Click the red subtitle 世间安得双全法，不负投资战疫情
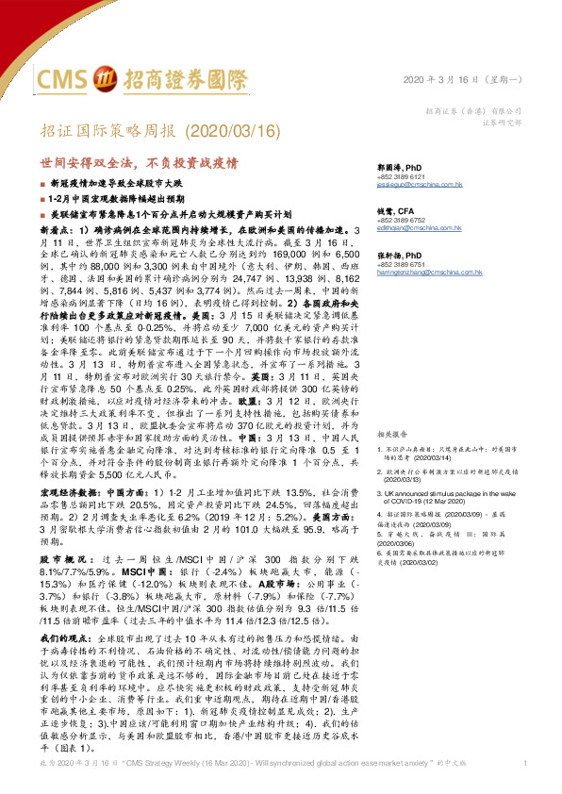point(142,161)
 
